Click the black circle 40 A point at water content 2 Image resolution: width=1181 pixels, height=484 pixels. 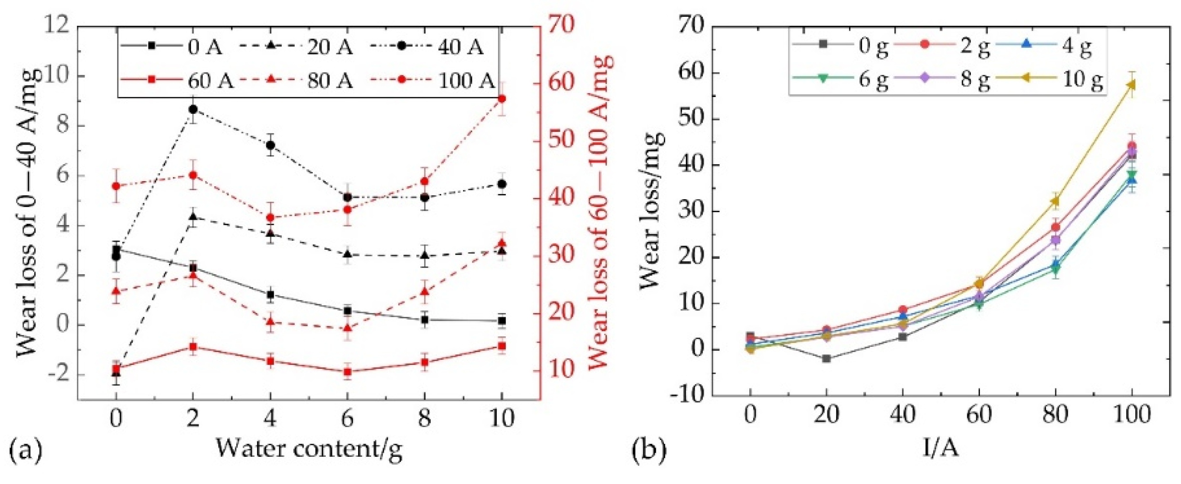pos(193,109)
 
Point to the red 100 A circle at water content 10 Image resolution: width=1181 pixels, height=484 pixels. pos(502,99)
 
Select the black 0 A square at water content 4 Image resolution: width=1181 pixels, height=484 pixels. pos(270,294)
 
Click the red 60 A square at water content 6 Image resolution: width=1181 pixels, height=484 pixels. pos(348,372)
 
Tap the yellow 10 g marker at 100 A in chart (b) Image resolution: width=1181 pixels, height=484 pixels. pos(1131,85)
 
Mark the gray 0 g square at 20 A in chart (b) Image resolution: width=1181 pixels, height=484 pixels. pos(826,358)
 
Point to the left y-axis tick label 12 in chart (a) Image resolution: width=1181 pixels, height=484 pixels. pos(57,25)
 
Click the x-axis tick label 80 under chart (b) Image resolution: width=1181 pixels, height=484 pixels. pos(1055,414)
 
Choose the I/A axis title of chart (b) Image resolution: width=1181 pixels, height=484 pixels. pos(940,448)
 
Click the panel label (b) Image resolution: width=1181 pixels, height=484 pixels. pos(649,450)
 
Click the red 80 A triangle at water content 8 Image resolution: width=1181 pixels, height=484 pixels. pos(425,291)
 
